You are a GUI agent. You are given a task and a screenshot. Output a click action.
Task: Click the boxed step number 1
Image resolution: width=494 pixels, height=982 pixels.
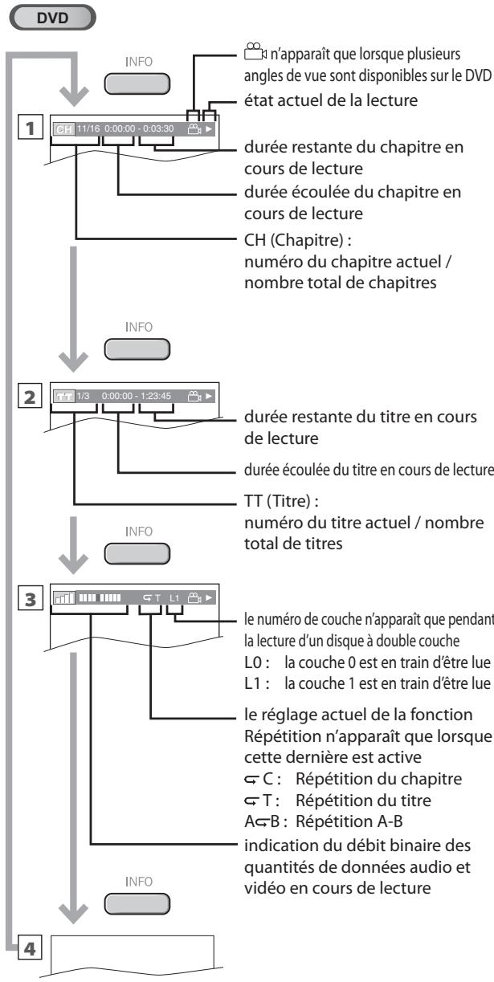pos(31,127)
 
